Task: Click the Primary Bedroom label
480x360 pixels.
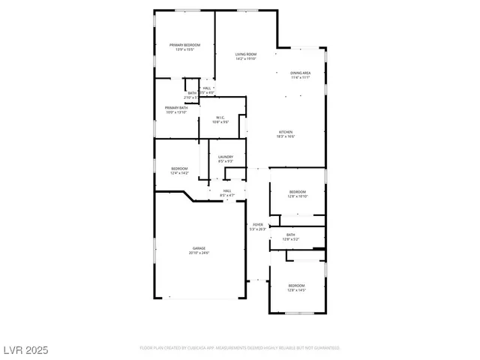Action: pyautogui.click(x=184, y=45)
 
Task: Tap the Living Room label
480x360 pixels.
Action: pyautogui.click(x=245, y=54)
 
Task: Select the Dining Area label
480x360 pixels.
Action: pyautogui.click(x=301, y=72)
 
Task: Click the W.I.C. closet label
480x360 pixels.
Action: pyautogui.click(x=221, y=117)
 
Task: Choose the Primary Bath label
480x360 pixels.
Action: pyautogui.click(x=177, y=108)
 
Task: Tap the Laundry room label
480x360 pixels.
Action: pyautogui.click(x=226, y=157)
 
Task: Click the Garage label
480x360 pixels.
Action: pyautogui.click(x=199, y=248)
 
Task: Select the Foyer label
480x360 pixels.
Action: pyautogui.click(x=257, y=224)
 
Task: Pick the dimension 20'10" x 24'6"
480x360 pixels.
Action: pyautogui.click(x=199, y=253)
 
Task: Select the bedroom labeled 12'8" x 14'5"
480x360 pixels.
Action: pyautogui.click(x=297, y=289)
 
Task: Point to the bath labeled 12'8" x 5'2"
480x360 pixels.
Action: pyautogui.click(x=291, y=239)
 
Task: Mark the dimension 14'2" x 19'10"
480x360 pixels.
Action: pyautogui.click(x=245, y=58)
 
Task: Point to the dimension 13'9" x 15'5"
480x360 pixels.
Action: pyautogui.click(x=184, y=49)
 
